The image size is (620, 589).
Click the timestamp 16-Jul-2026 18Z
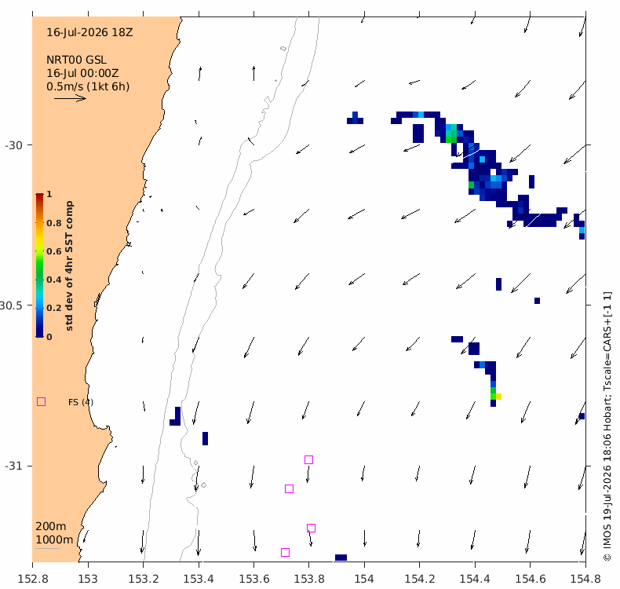(x=89, y=32)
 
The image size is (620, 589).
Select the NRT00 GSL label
(x=76, y=60)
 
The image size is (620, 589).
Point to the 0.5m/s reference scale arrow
(x=70, y=98)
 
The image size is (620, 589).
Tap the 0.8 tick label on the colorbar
(x=54, y=223)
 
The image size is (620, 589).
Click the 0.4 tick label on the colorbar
(x=54, y=280)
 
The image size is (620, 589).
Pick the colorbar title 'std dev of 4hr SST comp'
(x=69, y=265)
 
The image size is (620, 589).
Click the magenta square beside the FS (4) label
(x=41, y=402)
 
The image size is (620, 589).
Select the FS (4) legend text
(x=81, y=402)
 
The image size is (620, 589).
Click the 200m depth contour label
(x=50, y=526)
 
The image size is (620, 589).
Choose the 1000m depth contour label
(x=54, y=540)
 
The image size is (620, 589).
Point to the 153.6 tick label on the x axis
(x=253, y=579)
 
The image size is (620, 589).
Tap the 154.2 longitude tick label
(x=419, y=579)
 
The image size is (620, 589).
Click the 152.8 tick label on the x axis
(x=33, y=579)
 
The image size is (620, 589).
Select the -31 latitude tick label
(x=13, y=466)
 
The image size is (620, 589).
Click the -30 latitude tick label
(x=13, y=145)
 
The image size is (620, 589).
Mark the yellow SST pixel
(x=498, y=397)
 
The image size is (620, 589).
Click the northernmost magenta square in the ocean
(x=308, y=459)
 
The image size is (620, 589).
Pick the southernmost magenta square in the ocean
(x=285, y=552)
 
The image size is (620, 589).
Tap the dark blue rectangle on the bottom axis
(x=341, y=558)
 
